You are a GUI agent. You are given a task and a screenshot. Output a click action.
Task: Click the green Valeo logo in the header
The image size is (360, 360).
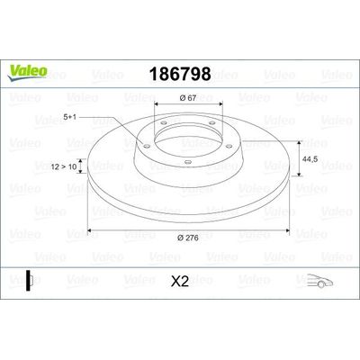click(27, 73)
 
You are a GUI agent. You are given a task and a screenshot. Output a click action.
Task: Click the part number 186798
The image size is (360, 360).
click(180, 74)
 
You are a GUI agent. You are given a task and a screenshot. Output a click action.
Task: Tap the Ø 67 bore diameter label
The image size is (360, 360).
click(188, 98)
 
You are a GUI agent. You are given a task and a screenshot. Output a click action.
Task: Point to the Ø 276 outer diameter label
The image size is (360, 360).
click(188, 238)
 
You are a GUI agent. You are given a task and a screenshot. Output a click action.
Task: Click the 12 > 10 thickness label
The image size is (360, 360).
click(64, 166)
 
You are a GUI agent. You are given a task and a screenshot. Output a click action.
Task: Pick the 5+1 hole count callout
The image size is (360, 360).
click(69, 117)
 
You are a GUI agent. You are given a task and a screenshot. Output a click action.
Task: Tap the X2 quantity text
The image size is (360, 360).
click(180, 282)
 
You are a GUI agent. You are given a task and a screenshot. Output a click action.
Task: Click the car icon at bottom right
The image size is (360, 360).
click(319, 281)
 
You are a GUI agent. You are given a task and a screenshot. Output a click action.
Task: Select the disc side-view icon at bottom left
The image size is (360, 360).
click(29, 281)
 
